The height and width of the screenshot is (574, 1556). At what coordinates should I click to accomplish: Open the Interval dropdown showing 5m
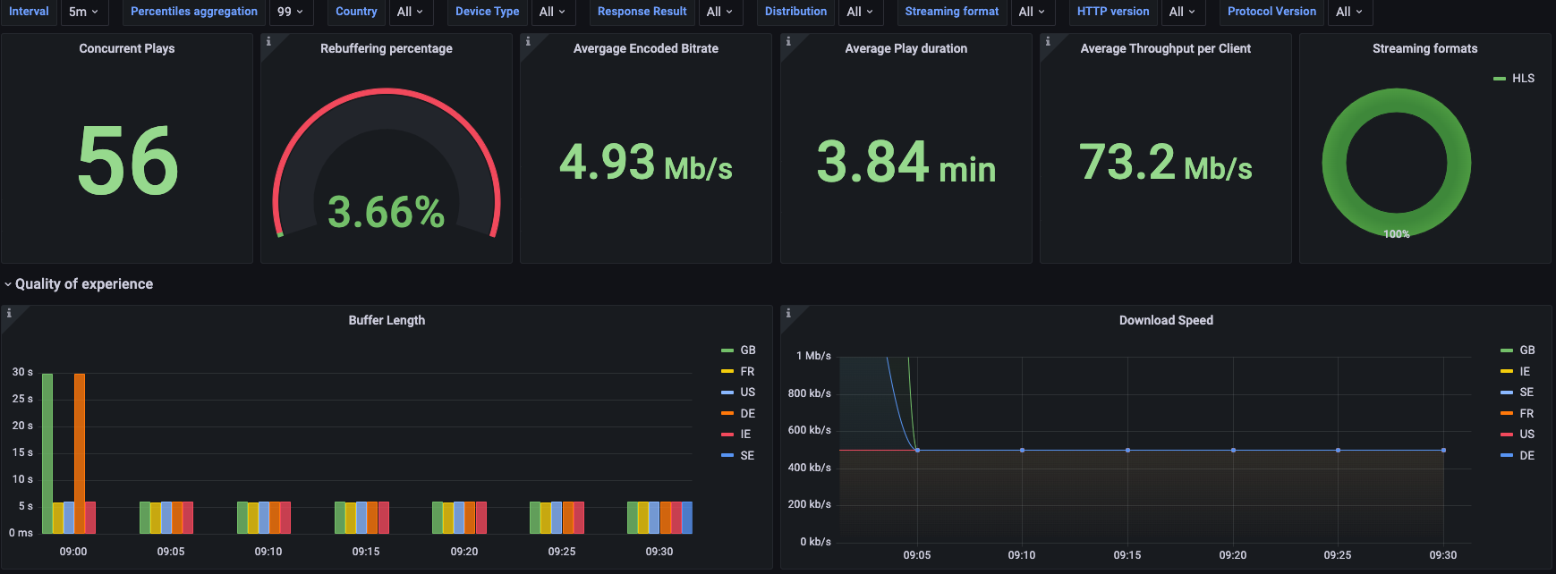click(83, 12)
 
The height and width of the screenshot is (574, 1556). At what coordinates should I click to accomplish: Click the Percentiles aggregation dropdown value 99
click(290, 12)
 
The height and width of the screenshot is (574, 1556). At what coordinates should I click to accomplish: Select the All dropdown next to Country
click(409, 12)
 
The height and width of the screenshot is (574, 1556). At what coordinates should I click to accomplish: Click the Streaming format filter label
click(951, 12)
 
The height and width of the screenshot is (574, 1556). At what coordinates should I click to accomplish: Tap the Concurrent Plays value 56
click(128, 161)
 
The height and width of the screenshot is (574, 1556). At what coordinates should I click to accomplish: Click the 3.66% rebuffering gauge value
click(386, 213)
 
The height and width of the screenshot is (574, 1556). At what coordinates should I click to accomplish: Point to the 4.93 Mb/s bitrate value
click(645, 164)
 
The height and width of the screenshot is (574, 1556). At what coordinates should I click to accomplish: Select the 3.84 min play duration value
click(906, 164)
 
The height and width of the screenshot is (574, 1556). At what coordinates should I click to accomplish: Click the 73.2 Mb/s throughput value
click(1165, 164)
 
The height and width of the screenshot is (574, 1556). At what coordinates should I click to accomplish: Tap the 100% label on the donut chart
click(1396, 234)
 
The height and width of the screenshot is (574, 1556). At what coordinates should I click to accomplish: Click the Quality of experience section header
click(83, 284)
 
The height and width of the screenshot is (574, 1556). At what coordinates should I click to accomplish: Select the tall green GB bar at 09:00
click(47, 438)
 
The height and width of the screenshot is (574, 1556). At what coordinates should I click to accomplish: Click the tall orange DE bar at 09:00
click(80, 438)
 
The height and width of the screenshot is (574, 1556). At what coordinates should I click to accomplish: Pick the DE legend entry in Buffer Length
click(747, 413)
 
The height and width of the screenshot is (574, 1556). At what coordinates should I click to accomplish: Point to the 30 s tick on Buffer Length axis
click(22, 372)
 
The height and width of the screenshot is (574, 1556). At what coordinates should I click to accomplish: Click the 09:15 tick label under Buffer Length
click(366, 552)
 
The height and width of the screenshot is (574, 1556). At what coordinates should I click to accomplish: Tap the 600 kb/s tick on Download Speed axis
click(809, 430)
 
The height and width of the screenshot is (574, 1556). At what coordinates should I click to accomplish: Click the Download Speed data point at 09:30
click(1443, 450)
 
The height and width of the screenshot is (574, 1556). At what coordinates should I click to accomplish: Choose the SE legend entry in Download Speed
click(1526, 393)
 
